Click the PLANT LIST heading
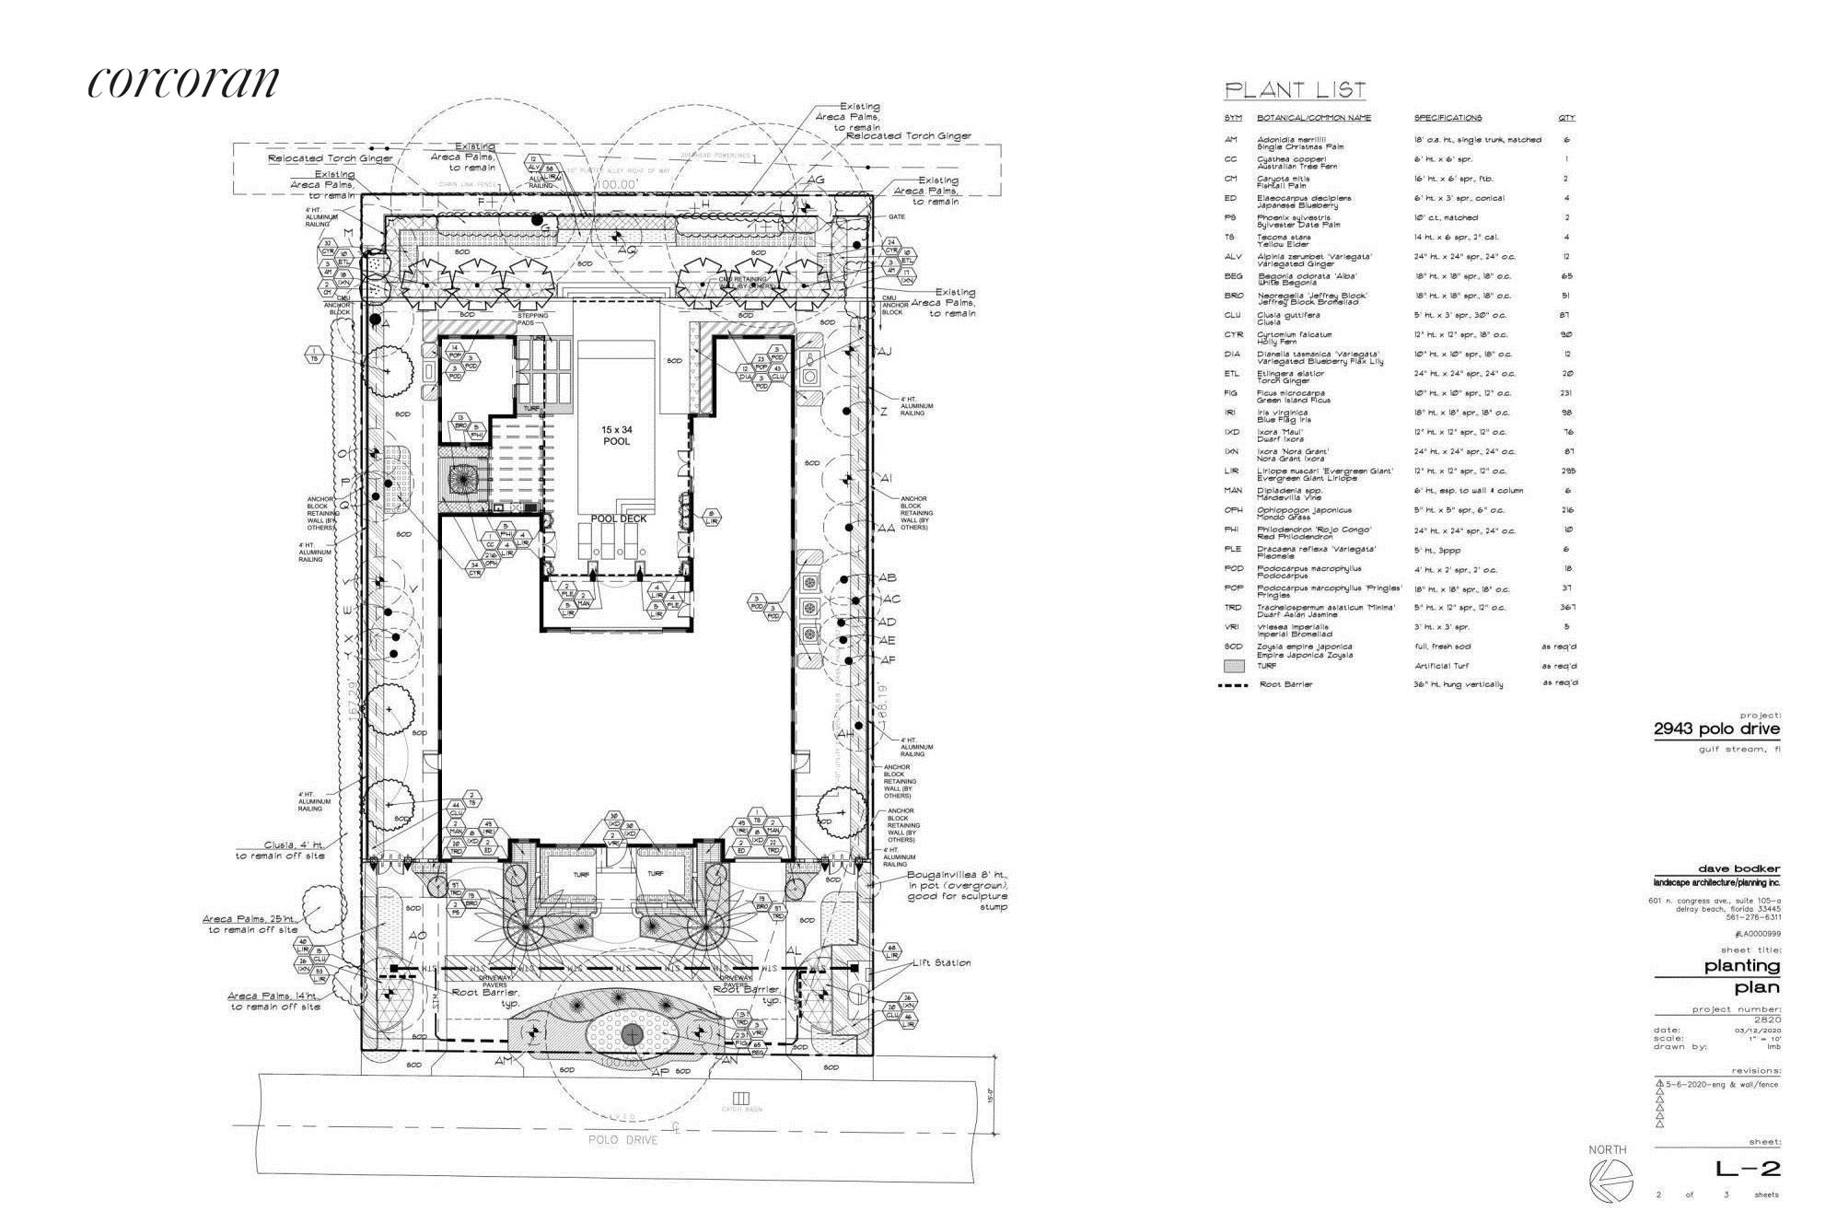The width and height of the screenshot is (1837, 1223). point(1294,90)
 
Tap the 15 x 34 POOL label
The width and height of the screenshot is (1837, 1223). point(617,436)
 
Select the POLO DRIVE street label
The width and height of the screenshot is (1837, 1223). point(624,1140)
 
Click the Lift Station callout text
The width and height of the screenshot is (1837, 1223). point(941,962)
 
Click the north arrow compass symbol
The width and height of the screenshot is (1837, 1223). point(1610,1178)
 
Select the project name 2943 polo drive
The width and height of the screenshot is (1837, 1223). point(1716,729)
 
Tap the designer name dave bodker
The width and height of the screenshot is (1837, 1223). point(1738,868)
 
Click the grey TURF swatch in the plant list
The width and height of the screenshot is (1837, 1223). point(1234,666)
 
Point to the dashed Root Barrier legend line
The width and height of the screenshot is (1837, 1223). point(1234,685)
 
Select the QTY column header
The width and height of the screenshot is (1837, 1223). point(1566,118)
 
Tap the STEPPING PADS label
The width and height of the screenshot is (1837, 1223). point(532,320)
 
